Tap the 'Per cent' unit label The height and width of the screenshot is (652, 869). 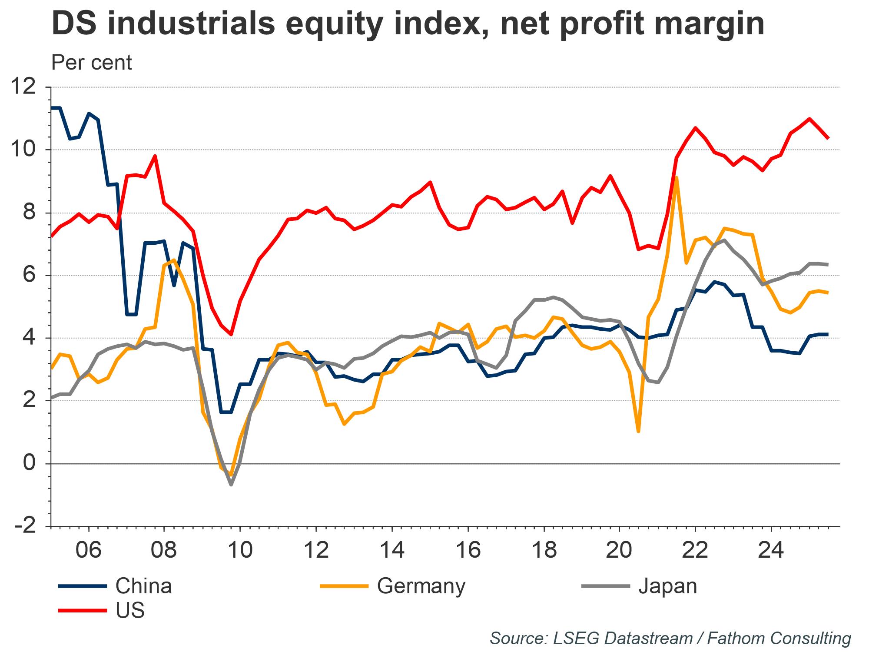pyautogui.click(x=91, y=63)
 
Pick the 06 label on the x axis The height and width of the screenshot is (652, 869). pyautogui.click(x=89, y=551)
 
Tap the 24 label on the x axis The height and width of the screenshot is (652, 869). pyautogui.click(x=771, y=551)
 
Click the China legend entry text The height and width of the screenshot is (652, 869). pyautogui.click(x=143, y=586)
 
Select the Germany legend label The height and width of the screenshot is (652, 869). pyautogui.click(x=421, y=586)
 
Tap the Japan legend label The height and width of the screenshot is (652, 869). pyautogui.click(x=667, y=586)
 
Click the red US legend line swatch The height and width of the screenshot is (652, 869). pyautogui.click(x=83, y=611)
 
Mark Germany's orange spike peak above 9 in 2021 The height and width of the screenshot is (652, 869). pyautogui.click(x=677, y=178)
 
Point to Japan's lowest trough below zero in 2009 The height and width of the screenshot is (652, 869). pyautogui.click(x=231, y=484)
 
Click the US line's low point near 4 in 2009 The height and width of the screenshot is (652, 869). pyautogui.click(x=231, y=334)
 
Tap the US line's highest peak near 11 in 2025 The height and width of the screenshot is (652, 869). pyautogui.click(x=809, y=118)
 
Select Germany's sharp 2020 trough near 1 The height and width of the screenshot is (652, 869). pyautogui.click(x=638, y=431)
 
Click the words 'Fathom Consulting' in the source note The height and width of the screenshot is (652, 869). pyautogui.click(x=779, y=639)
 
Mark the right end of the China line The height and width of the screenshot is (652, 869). pyautogui.click(x=828, y=334)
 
